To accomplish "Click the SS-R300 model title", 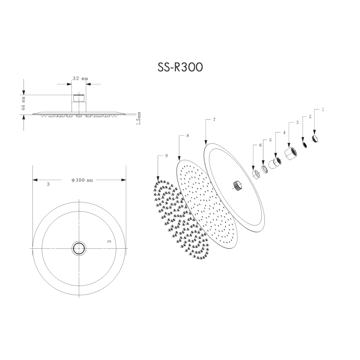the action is coord(180,67).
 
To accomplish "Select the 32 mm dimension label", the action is coord(80,78).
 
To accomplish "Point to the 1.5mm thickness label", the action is coord(139,118).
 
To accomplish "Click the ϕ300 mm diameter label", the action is coord(82,180).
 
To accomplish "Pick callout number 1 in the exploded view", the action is coord(323,109).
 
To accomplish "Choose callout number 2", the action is coord(310,116).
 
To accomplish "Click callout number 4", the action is coord(284,132).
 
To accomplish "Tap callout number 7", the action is coord(214,120).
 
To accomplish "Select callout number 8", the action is coord(188,136).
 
